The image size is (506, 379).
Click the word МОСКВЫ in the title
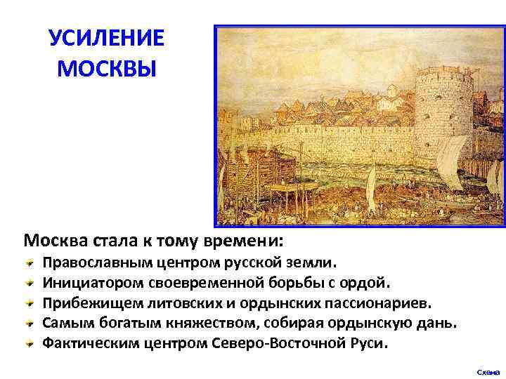[x=106, y=69]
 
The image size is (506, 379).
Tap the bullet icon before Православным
[x=30, y=262]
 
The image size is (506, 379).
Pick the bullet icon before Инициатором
[x=30, y=283]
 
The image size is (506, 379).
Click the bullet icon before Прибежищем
[x=30, y=303]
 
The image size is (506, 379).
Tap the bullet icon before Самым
[x=30, y=324]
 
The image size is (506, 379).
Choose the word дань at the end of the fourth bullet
[x=438, y=324]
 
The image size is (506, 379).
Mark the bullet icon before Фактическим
[x=30, y=344]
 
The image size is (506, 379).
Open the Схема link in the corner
[x=488, y=371]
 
